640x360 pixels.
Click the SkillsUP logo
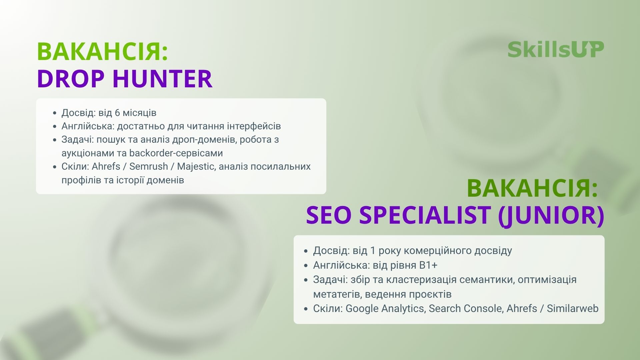[556, 50]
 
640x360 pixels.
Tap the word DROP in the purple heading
[71, 79]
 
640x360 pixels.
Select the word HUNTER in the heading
[162, 79]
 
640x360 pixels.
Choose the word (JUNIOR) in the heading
[551, 216]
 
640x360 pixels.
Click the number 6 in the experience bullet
[117, 113]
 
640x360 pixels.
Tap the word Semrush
[148, 166]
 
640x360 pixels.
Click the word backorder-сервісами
[176, 153]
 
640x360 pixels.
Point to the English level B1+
[428, 265]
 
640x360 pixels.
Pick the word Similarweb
[573, 308]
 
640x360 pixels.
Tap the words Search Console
[465, 308]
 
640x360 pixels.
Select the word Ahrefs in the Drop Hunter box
[106, 166]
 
